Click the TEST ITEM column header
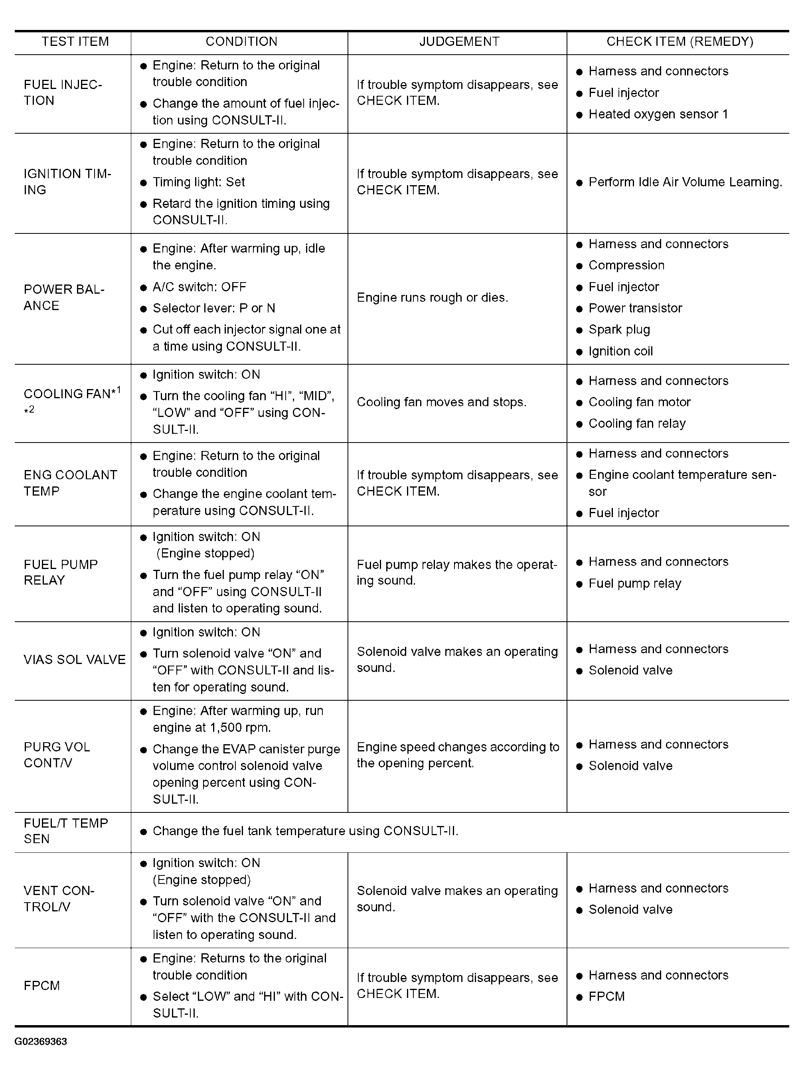tap(75, 42)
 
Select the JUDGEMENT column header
tap(459, 42)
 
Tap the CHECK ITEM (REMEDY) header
tap(680, 42)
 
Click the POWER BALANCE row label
tap(64, 297)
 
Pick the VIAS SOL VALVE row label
tap(74, 660)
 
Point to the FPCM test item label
tap(42, 986)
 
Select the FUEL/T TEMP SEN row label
tap(65, 831)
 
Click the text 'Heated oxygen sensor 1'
tap(658, 114)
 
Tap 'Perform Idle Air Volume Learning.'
tap(685, 182)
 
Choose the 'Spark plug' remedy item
tap(619, 330)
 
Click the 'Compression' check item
tap(626, 265)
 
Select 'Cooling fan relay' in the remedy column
tap(637, 424)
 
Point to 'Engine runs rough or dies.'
tap(432, 297)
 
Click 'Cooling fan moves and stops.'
tap(441, 402)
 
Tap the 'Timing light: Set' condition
tap(198, 182)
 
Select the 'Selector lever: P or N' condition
tap(213, 308)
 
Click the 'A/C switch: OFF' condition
tap(199, 287)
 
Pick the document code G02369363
tap(41, 1041)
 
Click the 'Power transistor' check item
tap(635, 308)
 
